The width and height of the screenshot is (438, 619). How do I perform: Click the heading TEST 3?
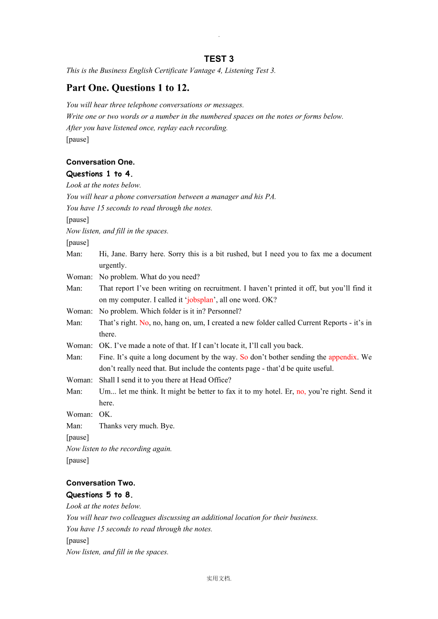[x=219, y=59]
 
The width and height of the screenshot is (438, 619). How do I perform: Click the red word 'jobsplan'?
[x=200, y=300]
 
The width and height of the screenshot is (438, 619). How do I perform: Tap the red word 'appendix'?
[x=342, y=357]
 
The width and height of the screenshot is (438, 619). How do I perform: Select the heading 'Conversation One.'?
[x=100, y=162]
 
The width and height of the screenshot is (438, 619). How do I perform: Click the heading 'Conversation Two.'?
[x=100, y=483]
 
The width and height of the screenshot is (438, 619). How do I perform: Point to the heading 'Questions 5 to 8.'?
[x=100, y=495]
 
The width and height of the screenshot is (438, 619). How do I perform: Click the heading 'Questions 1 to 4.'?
[x=100, y=174]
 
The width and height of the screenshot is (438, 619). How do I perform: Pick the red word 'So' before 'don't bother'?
[x=244, y=357]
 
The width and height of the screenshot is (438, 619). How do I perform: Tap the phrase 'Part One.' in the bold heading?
[x=88, y=88]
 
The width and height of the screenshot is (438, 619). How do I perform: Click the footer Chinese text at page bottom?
[x=219, y=579]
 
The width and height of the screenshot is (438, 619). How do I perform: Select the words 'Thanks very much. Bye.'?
[x=137, y=426]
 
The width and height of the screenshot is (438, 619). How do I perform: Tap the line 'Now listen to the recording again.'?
[x=119, y=449]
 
